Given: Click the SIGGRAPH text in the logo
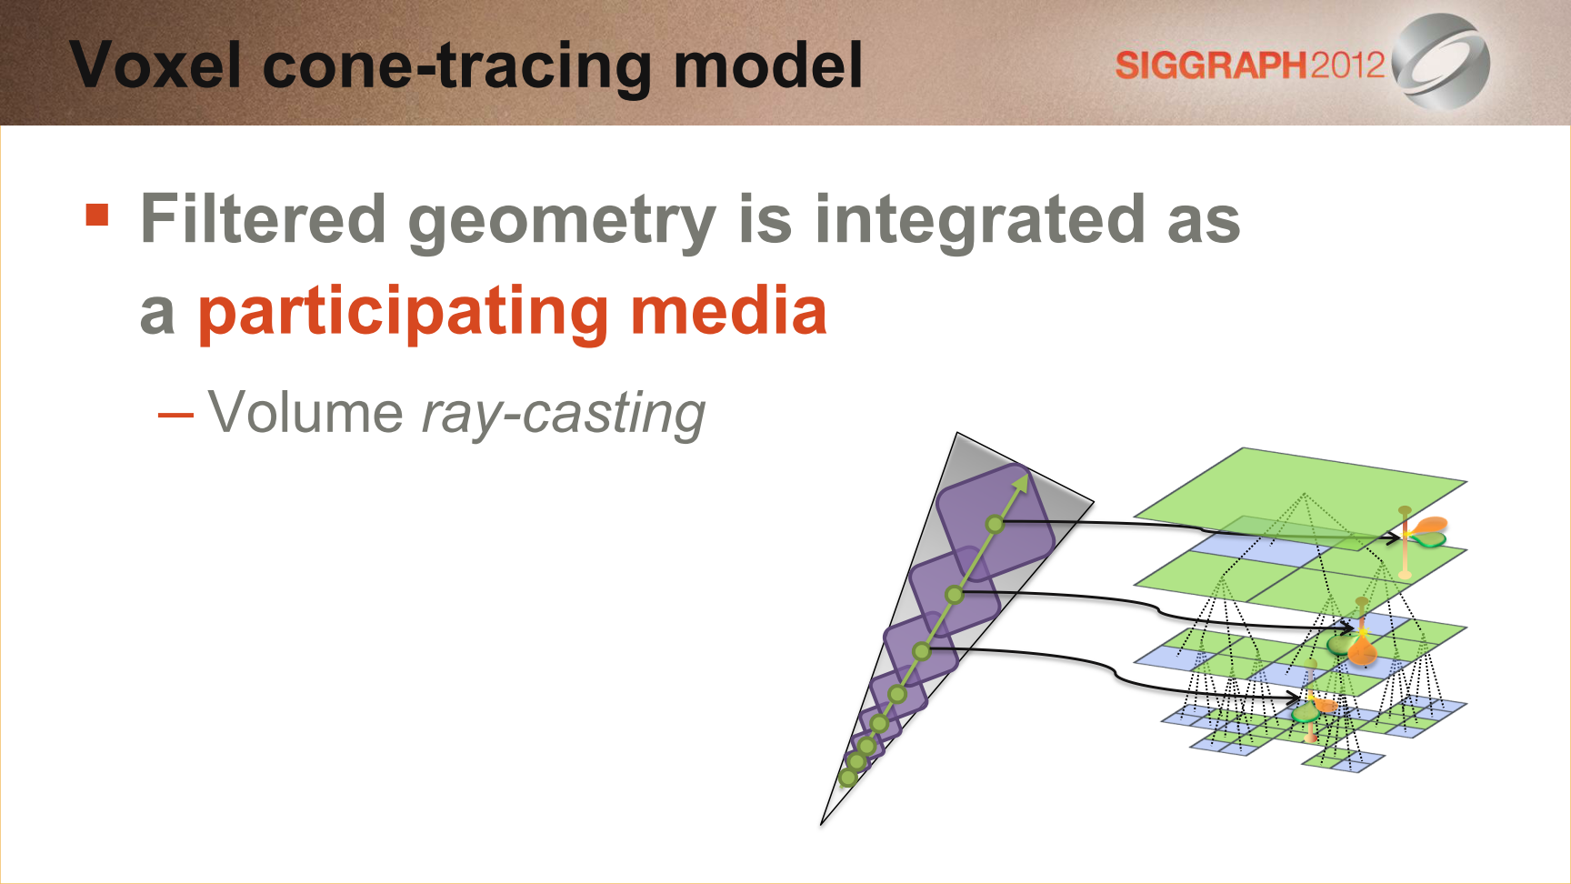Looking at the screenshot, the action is tap(1211, 65).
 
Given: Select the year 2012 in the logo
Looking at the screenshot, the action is tap(1346, 65).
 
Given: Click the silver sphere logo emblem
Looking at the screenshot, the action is tap(1441, 62).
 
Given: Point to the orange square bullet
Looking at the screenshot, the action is tap(97, 215).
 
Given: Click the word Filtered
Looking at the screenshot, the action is tap(264, 219).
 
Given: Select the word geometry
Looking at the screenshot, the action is tap(562, 224).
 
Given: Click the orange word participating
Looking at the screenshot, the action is tap(404, 314).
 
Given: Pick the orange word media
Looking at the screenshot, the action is tap(728, 310).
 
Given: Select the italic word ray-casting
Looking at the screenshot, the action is tap(564, 416).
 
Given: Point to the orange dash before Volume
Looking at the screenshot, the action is tap(175, 416).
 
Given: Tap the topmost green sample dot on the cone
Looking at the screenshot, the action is tap(995, 524).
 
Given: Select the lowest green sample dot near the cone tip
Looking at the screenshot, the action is tap(847, 778).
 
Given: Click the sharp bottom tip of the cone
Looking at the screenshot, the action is tap(822, 825).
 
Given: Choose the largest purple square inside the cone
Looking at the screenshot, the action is tap(996, 523).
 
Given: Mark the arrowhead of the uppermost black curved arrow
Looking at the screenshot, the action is tap(1394, 537).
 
